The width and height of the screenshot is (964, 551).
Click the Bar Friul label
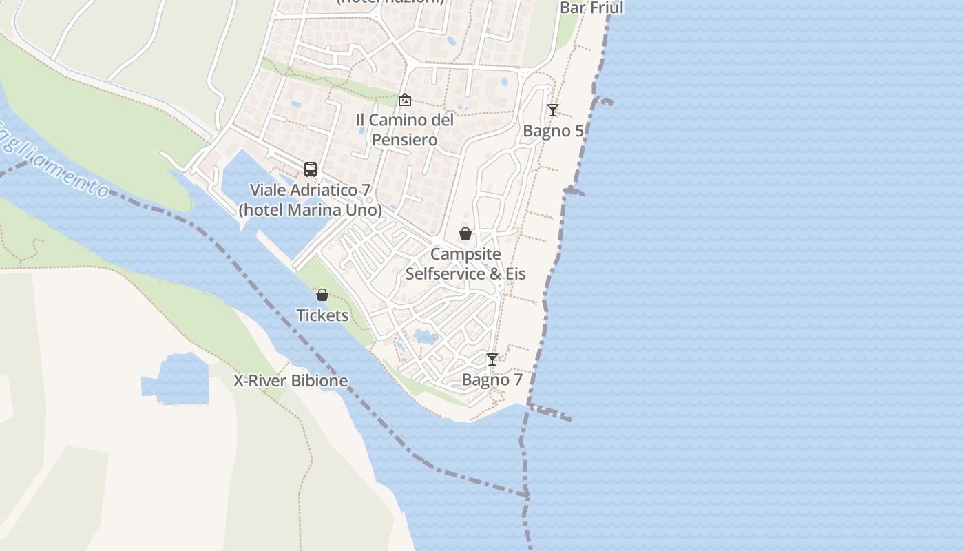(x=591, y=8)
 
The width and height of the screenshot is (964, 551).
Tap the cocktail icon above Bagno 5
(x=552, y=110)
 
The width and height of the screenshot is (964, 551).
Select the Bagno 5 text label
(x=553, y=131)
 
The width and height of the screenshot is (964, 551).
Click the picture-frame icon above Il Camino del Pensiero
(x=405, y=101)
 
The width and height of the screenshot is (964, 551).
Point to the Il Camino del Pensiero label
(x=405, y=129)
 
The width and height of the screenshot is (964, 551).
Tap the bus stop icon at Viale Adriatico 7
(x=311, y=169)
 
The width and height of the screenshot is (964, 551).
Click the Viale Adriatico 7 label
(x=310, y=200)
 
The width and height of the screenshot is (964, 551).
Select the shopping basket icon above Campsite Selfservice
(x=465, y=233)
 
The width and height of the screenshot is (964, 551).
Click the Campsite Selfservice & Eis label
(x=465, y=264)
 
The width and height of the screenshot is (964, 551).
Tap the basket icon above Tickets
(x=322, y=295)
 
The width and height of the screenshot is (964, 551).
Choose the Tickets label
(x=322, y=315)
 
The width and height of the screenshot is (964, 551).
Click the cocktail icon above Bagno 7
(x=492, y=360)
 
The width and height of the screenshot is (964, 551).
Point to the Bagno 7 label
(x=492, y=380)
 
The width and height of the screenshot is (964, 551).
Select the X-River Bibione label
(x=290, y=381)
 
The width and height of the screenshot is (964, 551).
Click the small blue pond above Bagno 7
(x=426, y=337)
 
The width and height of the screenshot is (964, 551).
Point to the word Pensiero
(x=405, y=140)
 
